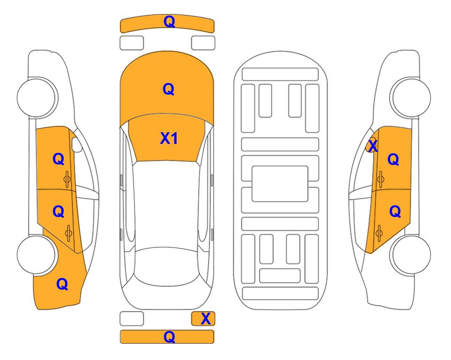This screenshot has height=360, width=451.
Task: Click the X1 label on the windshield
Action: pos(169,138)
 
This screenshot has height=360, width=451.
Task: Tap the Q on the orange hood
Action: pos(169,89)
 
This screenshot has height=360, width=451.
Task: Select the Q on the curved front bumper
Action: pos(169,22)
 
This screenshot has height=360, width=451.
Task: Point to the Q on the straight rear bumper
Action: pos(169,337)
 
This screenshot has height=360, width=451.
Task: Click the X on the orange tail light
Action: pos(206,319)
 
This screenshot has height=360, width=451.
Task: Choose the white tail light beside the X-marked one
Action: pos(132,319)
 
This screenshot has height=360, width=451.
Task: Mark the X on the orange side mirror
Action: pos(373,146)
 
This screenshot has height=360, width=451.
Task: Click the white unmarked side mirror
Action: pos(77,144)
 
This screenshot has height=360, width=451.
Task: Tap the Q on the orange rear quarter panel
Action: pos(62,284)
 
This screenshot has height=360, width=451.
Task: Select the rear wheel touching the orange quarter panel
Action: pos(37,255)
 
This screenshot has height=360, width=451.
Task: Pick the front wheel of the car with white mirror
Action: pos(37,97)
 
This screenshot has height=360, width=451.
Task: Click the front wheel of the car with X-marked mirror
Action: pos(410,97)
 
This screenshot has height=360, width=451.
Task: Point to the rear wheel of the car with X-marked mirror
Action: pos(411,255)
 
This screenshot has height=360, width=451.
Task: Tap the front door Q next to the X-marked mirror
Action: pos(393,159)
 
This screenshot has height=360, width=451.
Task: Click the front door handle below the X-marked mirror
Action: pos(380,179)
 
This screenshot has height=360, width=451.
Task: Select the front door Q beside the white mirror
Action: pos(59,159)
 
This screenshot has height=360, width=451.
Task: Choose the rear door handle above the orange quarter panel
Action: pos(68,233)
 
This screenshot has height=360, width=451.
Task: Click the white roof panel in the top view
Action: pos(166,205)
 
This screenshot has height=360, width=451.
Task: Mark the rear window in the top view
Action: pos(167,267)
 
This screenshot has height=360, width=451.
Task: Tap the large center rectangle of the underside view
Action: pos(280,184)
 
